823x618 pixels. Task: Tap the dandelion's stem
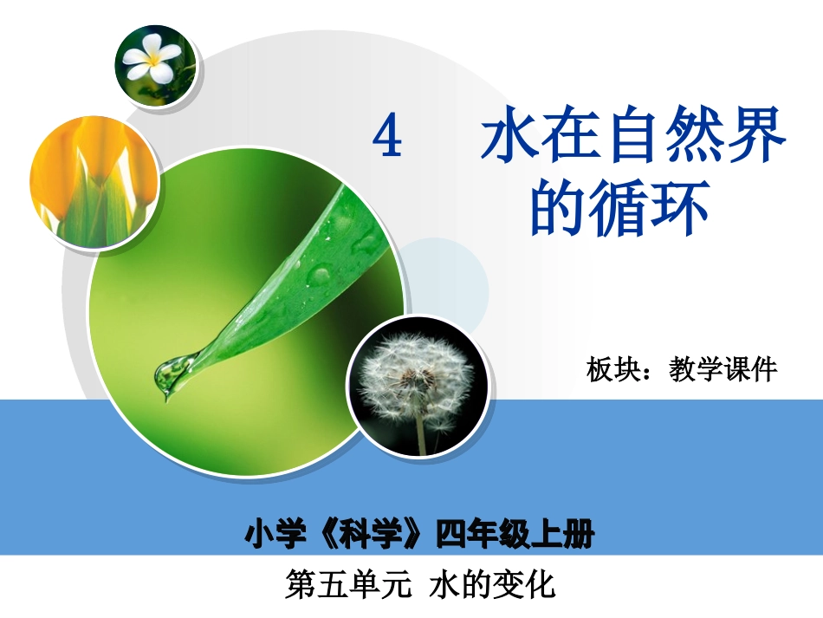pyautogui.click(x=421, y=433)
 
